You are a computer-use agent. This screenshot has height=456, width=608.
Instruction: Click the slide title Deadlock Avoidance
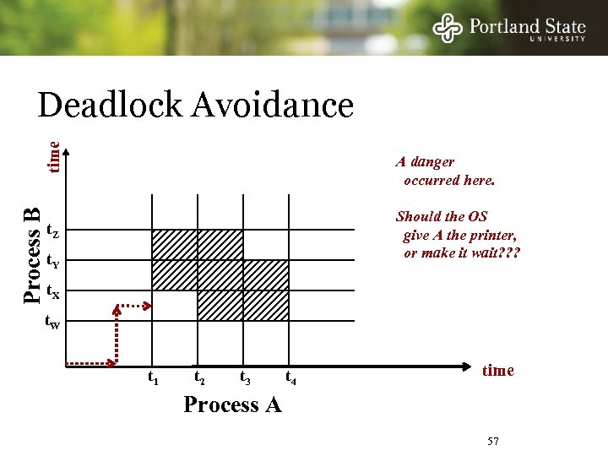pos(195,106)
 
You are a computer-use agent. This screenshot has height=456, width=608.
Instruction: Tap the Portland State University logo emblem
pos(448,28)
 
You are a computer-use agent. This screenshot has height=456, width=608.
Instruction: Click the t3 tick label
pos(244,377)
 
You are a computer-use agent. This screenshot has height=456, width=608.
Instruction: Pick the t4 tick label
pos(290,377)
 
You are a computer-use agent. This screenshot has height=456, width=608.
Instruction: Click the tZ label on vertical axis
pos(52,231)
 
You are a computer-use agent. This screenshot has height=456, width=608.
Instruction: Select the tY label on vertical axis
pos(52,261)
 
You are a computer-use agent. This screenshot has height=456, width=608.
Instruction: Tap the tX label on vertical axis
pos(52,291)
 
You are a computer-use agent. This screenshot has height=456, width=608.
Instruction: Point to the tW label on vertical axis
pos(52,322)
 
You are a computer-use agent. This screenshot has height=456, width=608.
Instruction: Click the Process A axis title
pos(232,405)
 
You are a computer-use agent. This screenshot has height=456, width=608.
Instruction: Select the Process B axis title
pos(32,254)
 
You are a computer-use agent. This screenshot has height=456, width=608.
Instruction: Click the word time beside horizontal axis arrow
pos(497,371)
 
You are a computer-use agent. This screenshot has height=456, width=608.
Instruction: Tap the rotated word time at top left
pos(52,157)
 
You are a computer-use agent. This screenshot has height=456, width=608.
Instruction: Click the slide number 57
pos(495,442)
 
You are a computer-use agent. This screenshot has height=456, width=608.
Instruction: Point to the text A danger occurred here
pos(448,171)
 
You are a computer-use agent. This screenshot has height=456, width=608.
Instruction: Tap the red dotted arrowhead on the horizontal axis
pos(111,364)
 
